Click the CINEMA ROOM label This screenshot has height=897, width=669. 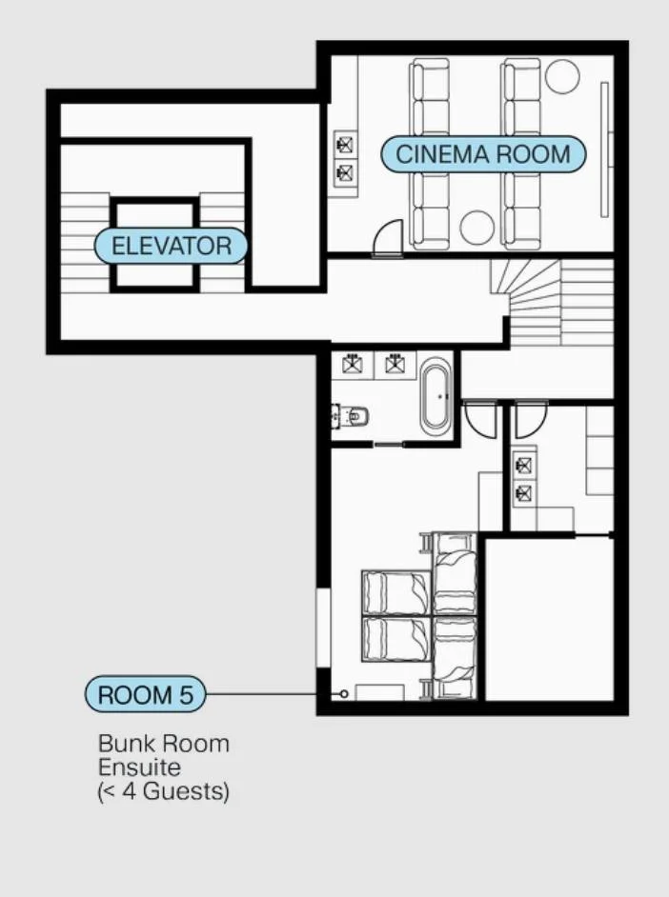(483, 154)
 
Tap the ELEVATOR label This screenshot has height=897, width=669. (172, 246)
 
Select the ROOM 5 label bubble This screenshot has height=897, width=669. (146, 694)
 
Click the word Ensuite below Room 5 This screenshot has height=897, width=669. (139, 767)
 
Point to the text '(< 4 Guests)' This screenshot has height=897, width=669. (164, 791)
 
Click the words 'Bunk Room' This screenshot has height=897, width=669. (164, 744)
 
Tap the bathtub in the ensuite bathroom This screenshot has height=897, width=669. (436, 396)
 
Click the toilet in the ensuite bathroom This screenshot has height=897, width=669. (351, 416)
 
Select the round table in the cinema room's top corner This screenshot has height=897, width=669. (562, 76)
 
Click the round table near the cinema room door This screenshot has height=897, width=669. (476, 228)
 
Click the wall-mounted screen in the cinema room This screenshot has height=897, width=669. (604, 149)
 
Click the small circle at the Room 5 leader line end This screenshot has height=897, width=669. (344, 694)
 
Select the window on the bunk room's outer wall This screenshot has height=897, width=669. (324, 628)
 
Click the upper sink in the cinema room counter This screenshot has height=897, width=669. (345, 145)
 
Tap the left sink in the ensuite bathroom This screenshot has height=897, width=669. (352, 364)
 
